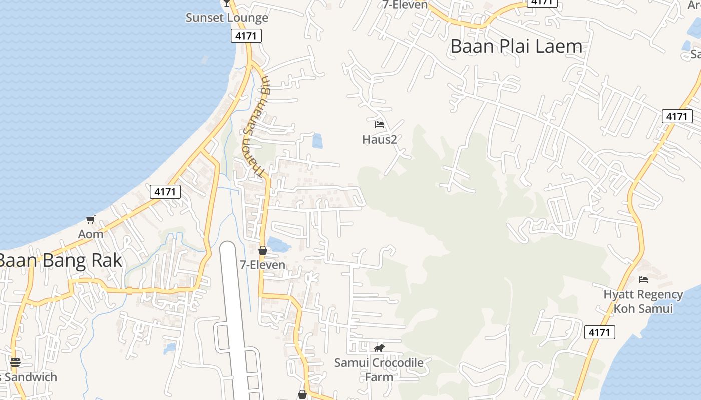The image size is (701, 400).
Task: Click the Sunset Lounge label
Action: [x=227, y=18]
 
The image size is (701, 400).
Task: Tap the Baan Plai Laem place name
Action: [x=516, y=46]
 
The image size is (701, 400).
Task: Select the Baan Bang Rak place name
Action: [x=60, y=260]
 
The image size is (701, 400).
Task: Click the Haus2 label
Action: [x=380, y=139]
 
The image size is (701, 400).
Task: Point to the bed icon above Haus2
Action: [x=380, y=124]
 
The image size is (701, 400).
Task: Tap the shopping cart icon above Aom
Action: [x=91, y=219]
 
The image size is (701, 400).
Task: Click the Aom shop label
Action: [x=91, y=234]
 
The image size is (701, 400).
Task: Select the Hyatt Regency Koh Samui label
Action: [x=643, y=301]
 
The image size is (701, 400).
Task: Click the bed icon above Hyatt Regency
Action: [x=643, y=279]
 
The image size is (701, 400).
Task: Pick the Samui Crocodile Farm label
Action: [x=379, y=369]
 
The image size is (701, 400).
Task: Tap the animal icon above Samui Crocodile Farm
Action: [x=379, y=348]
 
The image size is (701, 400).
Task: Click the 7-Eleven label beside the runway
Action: [x=263, y=265]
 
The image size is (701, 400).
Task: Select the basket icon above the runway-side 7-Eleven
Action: [x=263, y=250]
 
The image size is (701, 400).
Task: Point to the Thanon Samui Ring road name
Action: [x=254, y=126]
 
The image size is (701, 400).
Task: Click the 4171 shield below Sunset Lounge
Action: [x=246, y=36]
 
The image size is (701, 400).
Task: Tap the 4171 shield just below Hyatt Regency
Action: [x=599, y=332]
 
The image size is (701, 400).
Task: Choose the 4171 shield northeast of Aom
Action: [x=165, y=191]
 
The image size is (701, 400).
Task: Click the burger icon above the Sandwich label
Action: [x=15, y=362]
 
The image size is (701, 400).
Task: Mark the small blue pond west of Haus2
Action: [x=317, y=141]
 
